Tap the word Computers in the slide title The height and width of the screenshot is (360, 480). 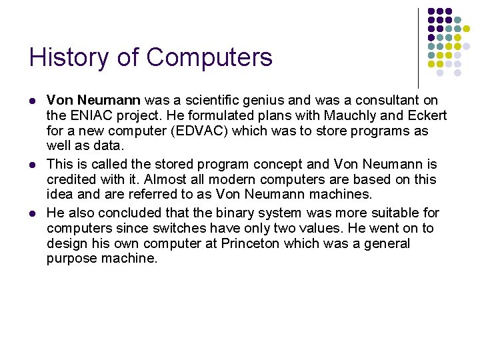click(x=209, y=57)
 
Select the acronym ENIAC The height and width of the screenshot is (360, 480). click(x=89, y=115)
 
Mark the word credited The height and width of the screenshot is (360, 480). click(x=70, y=179)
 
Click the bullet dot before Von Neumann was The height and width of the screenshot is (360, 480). click(x=32, y=101)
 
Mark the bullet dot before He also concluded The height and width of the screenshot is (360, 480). click(x=32, y=213)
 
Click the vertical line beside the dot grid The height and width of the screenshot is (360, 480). click(x=418, y=47)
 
